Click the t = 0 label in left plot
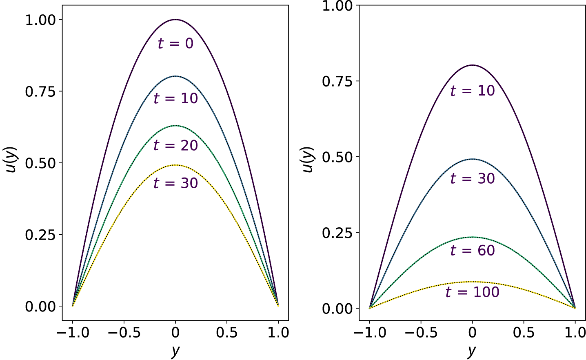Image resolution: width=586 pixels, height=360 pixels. click(175, 43)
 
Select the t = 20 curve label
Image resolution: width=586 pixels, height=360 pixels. click(175, 145)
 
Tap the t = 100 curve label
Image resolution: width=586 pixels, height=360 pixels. click(472, 292)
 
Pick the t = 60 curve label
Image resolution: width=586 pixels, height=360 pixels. click(472, 250)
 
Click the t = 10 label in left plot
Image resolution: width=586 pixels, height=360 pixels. click(175, 98)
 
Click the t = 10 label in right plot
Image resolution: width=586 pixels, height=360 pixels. click(472, 91)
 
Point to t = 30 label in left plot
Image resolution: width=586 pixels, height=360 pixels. click(175, 183)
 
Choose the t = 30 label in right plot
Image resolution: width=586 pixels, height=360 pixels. click(472, 178)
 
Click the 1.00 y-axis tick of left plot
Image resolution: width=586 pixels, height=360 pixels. click(41, 20)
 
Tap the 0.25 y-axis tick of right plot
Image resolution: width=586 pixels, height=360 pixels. click(337, 233)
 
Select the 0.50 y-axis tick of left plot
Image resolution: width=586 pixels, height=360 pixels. click(41, 163)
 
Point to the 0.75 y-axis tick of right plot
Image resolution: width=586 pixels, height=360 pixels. click(337, 81)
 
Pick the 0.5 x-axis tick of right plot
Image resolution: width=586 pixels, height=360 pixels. click(524, 333)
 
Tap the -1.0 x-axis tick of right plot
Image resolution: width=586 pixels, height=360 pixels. click(370, 333)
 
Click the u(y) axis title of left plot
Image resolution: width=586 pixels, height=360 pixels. click(11, 159)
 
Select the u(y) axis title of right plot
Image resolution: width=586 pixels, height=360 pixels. click(308, 159)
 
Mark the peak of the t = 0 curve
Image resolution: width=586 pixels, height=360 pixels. click(175, 19)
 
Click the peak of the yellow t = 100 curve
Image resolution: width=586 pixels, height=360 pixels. click(472, 282)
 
